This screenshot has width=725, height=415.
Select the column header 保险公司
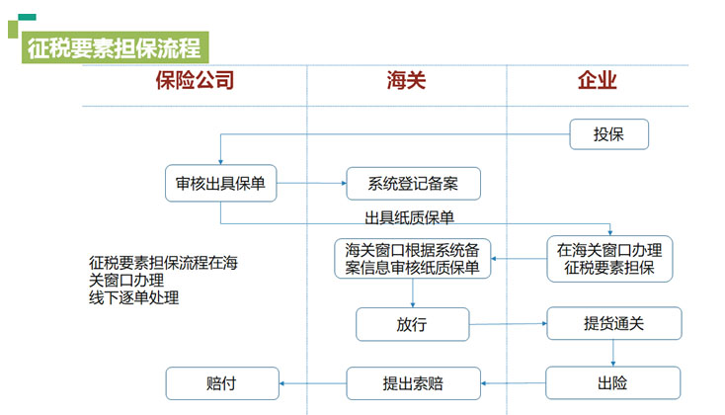click(x=195, y=81)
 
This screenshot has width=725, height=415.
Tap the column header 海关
click(x=406, y=81)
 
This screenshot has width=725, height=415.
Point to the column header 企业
click(x=597, y=81)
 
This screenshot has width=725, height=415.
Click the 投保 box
click(x=608, y=134)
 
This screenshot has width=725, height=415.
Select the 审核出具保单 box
click(x=220, y=183)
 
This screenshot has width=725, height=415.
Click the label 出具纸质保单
click(x=409, y=217)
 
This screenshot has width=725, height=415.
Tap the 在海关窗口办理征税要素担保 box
click(x=608, y=257)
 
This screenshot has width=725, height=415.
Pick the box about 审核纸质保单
click(x=412, y=257)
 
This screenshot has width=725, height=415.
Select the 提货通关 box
click(x=613, y=323)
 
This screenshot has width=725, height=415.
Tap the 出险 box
click(x=612, y=382)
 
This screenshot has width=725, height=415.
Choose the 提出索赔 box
click(x=412, y=382)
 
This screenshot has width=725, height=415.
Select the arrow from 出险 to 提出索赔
click(x=513, y=382)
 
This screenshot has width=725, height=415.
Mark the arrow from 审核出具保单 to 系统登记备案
click(x=311, y=183)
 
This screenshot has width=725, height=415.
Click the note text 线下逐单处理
click(x=134, y=297)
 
